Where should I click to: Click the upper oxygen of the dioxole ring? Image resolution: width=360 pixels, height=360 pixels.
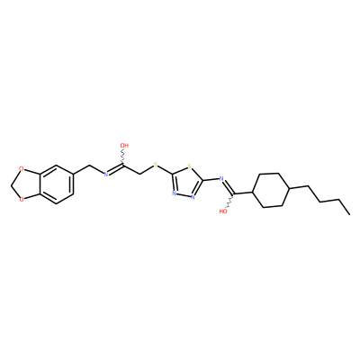[x=21, y=169]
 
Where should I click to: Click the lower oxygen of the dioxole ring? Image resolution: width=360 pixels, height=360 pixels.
[x=21, y=198]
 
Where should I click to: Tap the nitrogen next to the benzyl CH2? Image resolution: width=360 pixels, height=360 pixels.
[x=105, y=174]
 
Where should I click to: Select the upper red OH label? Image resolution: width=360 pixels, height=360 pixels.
[x=124, y=146]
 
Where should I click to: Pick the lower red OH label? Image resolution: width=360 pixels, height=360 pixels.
[x=223, y=211]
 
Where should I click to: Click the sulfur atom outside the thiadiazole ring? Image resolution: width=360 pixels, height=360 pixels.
[x=155, y=165]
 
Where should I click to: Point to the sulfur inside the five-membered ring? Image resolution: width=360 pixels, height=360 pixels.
[x=189, y=166]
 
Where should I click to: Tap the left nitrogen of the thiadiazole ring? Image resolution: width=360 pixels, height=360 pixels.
[x=174, y=193]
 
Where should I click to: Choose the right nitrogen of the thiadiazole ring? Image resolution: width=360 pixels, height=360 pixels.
[x=193, y=197]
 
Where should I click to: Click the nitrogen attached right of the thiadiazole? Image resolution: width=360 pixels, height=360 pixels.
[x=221, y=179]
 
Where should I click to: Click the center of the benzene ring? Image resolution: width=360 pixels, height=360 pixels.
[x=56, y=184]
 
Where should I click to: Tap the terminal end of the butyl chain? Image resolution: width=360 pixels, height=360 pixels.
[x=349, y=214]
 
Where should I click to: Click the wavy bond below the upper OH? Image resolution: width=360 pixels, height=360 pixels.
[x=123, y=157]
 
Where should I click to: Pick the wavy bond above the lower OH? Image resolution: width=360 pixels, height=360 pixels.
[x=230, y=200]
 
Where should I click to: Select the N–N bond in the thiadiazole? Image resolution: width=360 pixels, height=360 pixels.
[x=184, y=195]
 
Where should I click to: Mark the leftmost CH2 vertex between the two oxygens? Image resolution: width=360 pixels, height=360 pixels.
[x=12, y=184]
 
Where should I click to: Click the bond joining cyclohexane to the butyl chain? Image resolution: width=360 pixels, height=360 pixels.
[x=298, y=188]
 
